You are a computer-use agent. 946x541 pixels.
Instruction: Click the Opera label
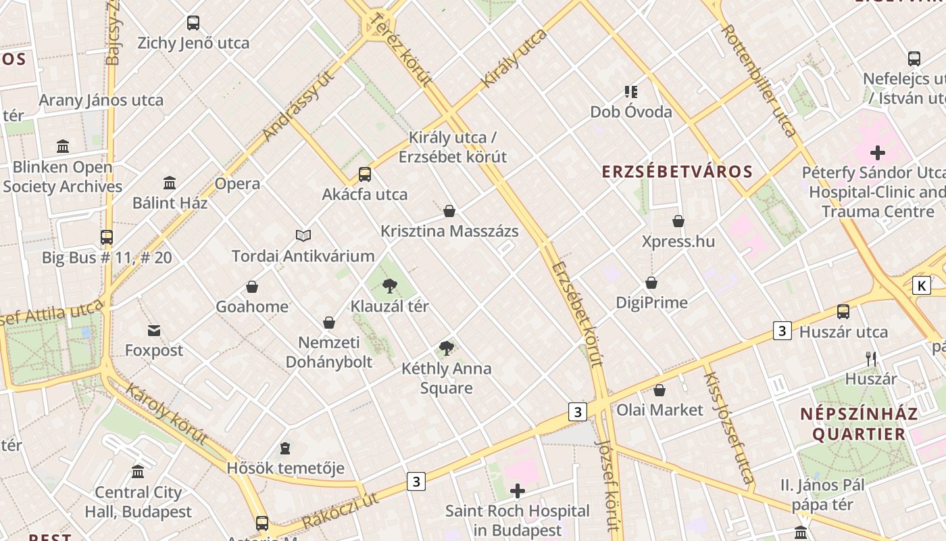(237, 184)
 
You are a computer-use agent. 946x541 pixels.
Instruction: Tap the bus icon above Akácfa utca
(365, 174)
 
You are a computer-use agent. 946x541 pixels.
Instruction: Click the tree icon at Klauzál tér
(389, 286)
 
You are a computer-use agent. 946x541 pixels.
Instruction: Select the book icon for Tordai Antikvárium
(303, 235)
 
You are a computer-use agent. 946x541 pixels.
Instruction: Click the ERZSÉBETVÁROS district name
(677, 172)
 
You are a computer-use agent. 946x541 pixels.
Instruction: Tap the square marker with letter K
(921, 285)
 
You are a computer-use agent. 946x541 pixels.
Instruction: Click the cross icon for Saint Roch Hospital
(518, 491)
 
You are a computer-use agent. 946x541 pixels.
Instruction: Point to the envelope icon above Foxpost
(154, 331)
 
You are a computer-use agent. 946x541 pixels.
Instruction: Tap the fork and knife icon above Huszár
(871, 359)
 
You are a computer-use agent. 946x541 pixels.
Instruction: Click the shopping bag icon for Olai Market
(659, 390)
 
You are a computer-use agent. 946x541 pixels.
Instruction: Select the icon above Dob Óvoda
(631, 92)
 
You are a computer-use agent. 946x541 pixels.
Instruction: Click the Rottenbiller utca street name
(760, 81)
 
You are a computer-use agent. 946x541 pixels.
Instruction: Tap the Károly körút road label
(166, 414)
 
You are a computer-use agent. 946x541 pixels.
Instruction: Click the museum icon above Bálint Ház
(170, 183)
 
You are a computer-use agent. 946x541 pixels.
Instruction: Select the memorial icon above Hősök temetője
(285, 448)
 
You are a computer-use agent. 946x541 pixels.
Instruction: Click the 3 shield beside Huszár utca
(782, 331)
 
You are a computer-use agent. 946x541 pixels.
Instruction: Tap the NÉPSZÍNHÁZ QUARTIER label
(859, 424)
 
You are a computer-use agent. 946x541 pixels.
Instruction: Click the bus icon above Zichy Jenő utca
(193, 23)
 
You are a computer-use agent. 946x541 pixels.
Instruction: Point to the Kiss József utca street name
(729, 428)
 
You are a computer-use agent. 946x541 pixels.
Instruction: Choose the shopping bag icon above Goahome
(252, 287)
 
